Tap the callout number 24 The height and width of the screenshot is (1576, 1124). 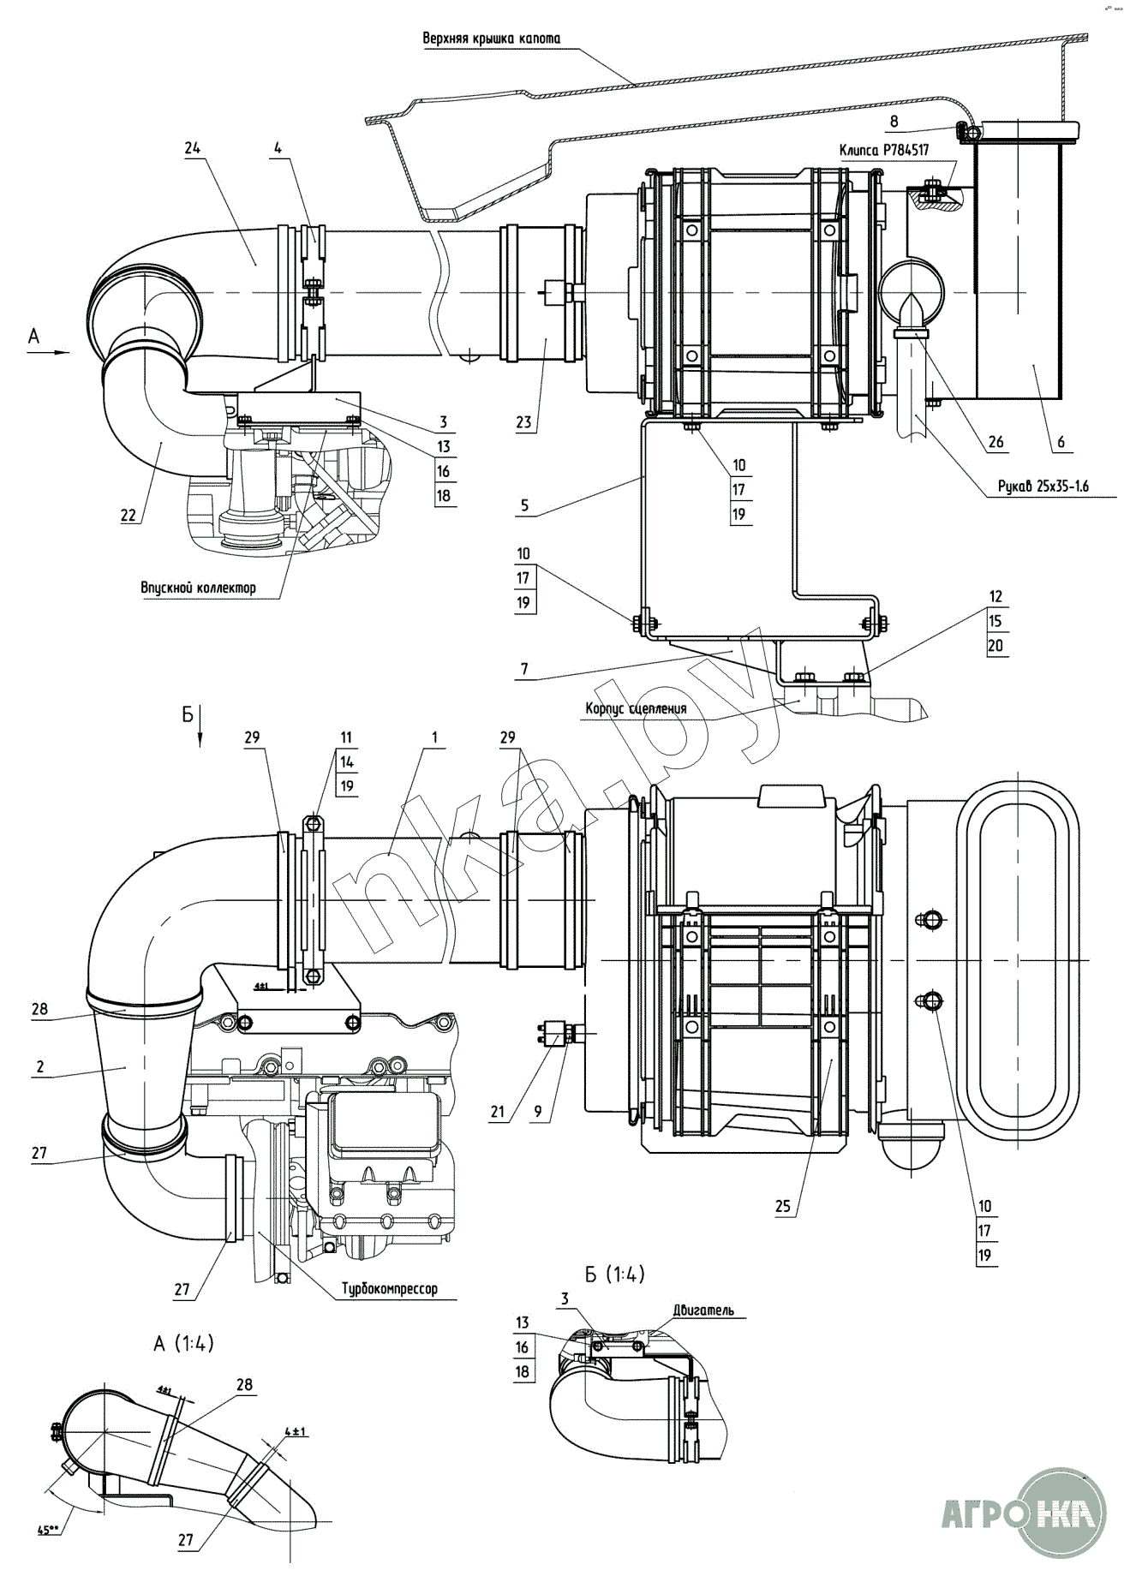point(191,146)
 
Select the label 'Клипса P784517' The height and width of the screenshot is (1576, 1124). point(884,149)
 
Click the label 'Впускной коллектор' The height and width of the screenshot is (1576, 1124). point(198,588)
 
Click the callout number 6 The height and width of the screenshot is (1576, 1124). point(1061,443)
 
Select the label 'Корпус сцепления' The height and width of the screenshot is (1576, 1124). point(636,708)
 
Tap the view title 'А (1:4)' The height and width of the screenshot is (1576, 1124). point(183,1344)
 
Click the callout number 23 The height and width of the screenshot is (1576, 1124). point(523,421)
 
